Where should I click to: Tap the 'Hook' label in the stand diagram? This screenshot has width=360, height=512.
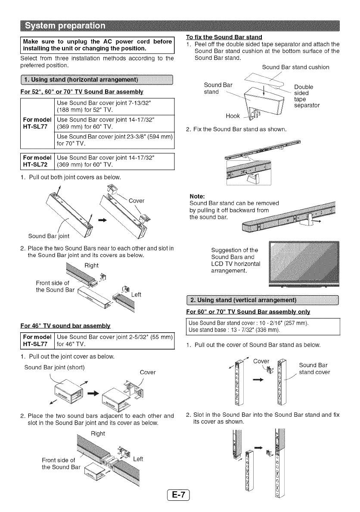point(233,116)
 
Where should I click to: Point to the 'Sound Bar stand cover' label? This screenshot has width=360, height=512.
point(315,368)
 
